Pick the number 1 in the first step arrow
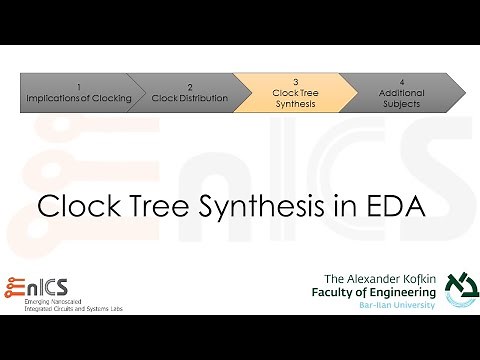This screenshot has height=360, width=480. (78, 86)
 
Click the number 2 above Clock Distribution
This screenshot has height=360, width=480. (189, 86)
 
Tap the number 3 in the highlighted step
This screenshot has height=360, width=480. (296, 81)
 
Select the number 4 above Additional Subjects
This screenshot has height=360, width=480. (401, 81)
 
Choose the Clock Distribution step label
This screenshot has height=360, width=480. (189, 98)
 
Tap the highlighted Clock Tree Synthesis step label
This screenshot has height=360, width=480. (296, 97)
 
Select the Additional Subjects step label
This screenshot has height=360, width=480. (401, 97)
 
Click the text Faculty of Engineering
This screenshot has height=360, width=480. (378, 291)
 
